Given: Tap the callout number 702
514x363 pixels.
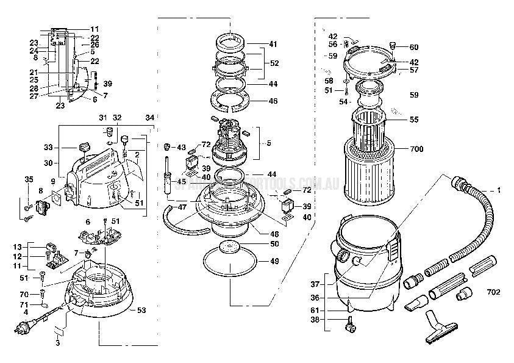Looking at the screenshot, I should pos(493,292).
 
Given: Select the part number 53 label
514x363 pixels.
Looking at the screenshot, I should pos(141,311).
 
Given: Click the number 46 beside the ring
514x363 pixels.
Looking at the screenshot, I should pos(273,101).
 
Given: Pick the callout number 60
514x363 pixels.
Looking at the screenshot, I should pos(414,47).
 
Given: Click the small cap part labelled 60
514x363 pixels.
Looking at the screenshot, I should pos(393,46).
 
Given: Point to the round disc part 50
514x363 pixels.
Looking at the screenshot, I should pos(230,247).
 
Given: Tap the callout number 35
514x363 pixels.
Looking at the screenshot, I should pos(28,179).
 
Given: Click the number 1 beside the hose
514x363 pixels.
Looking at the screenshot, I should pos(498,191).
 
